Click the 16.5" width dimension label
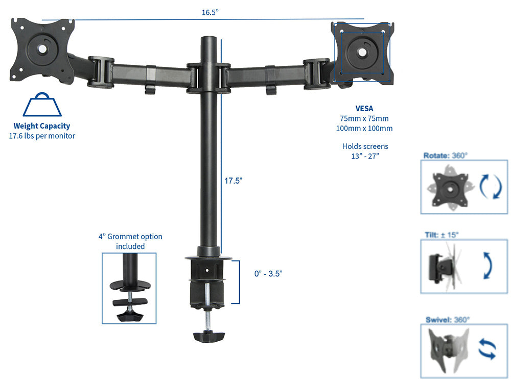pyautogui.click(x=210, y=13)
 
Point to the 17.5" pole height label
pyautogui.click(x=233, y=181)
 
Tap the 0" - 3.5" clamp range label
pyautogui.click(x=268, y=273)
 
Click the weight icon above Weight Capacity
pyautogui.click(x=42, y=105)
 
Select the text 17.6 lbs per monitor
pyautogui.click(x=42, y=136)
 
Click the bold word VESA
pyautogui.click(x=364, y=108)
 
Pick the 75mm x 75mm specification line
pyautogui.click(x=365, y=118)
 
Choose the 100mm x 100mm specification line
pyautogui.click(x=365, y=128)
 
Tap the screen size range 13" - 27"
pyautogui.click(x=365, y=156)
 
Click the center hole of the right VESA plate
pyautogui.click(x=362, y=52)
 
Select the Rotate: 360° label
pyautogui.click(x=445, y=156)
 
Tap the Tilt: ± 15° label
pyautogui.click(x=442, y=235)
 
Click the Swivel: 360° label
pyautogui.click(x=448, y=320)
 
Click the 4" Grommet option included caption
pyautogui.click(x=130, y=241)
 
